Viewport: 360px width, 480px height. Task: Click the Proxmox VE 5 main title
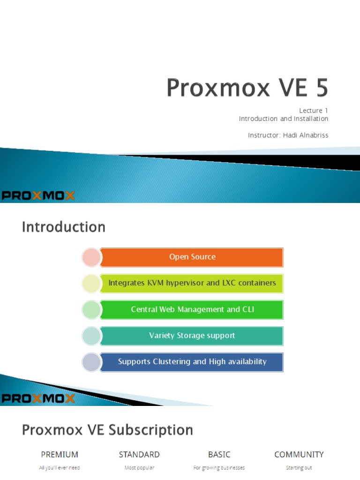pos(247,88)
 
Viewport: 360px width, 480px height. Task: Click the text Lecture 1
pos(314,111)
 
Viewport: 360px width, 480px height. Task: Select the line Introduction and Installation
pos(283,119)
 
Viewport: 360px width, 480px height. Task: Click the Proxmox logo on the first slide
pos(38,195)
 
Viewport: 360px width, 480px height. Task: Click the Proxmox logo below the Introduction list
pos(38,398)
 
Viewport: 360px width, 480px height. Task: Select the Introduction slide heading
pos(64,227)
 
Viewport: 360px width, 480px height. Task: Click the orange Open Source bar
pos(192,257)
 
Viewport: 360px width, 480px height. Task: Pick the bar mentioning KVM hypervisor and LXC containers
pos(192,283)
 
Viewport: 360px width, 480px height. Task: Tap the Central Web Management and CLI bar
pos(192,309)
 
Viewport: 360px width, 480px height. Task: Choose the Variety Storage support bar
pos(192,336)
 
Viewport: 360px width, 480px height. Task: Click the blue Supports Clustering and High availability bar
pos(192,362)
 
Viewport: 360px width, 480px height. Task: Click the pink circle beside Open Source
pos(91,257)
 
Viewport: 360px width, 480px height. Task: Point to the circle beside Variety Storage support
pos(91,336)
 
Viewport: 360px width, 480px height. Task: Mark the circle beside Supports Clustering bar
pos(91,362)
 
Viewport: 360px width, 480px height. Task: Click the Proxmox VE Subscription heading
pos(107,430)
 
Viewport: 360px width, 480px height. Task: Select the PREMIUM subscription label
pos(60,455)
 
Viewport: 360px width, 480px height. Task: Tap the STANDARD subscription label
pos(139,455)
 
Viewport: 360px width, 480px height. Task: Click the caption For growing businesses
pos(219,468)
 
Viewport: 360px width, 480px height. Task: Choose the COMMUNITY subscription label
pos(299,455)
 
